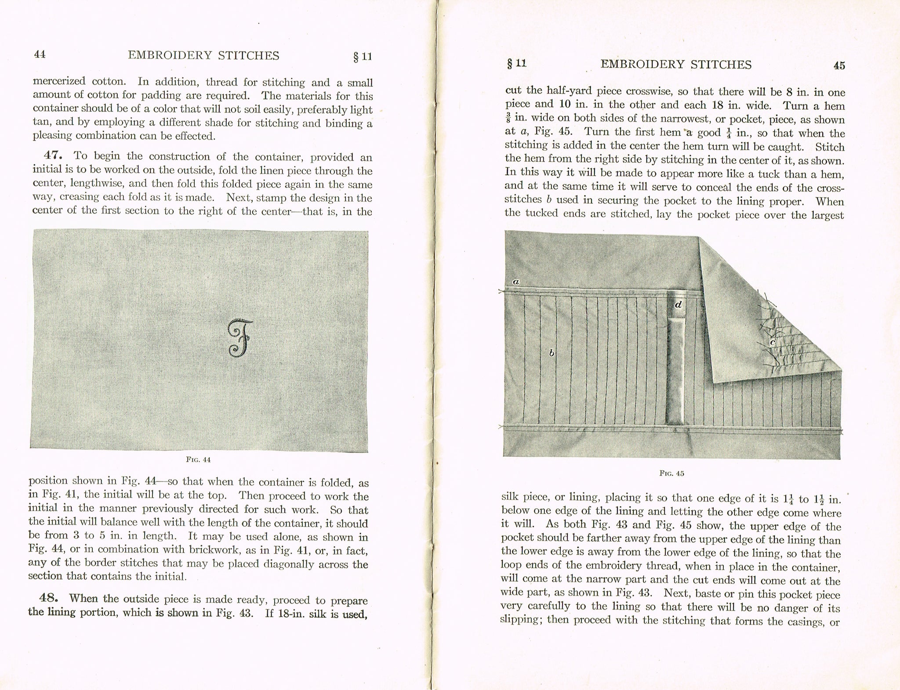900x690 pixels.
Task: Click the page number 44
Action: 40,54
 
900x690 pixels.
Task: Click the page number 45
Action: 838,65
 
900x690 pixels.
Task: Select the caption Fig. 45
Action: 671,473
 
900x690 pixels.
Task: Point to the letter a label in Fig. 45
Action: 516,282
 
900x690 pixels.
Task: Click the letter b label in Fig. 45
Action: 551,353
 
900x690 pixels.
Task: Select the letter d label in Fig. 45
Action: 678,304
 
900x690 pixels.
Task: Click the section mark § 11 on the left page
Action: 362,57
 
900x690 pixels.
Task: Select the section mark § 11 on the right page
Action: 516,64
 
